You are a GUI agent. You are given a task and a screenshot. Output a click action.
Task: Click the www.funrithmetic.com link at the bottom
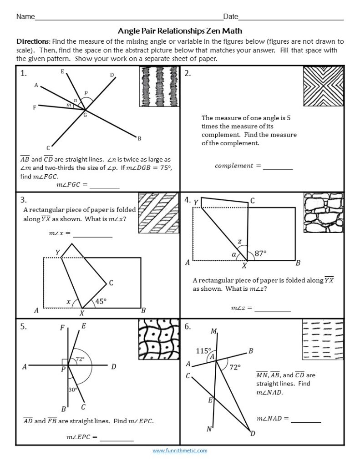click(180, 451)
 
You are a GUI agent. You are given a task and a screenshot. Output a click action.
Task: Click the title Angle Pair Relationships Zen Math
click(180, 31)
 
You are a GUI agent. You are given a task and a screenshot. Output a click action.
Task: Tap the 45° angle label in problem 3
click(101, 301)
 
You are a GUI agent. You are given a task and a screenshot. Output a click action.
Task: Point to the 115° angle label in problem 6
click(203, 351)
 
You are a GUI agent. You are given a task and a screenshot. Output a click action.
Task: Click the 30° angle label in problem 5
click(73, 390)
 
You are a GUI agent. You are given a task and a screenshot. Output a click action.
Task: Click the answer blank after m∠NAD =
click(306, 419)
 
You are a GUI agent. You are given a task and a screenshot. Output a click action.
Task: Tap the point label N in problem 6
click(209, 429)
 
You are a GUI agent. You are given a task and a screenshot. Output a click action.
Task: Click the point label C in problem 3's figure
click(111, 283)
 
